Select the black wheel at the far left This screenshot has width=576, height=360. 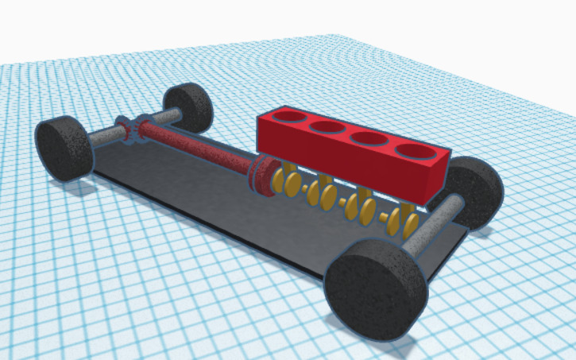(x=64, y=148)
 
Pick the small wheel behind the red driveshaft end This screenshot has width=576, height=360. (x=188, y=106)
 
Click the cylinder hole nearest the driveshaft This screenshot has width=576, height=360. (x=290, y=117)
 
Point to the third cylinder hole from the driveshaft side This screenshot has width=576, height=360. (x=368, y=137)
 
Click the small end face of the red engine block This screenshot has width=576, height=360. (x=436, y=180)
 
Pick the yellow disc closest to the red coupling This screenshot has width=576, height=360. (x=277, y=182)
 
